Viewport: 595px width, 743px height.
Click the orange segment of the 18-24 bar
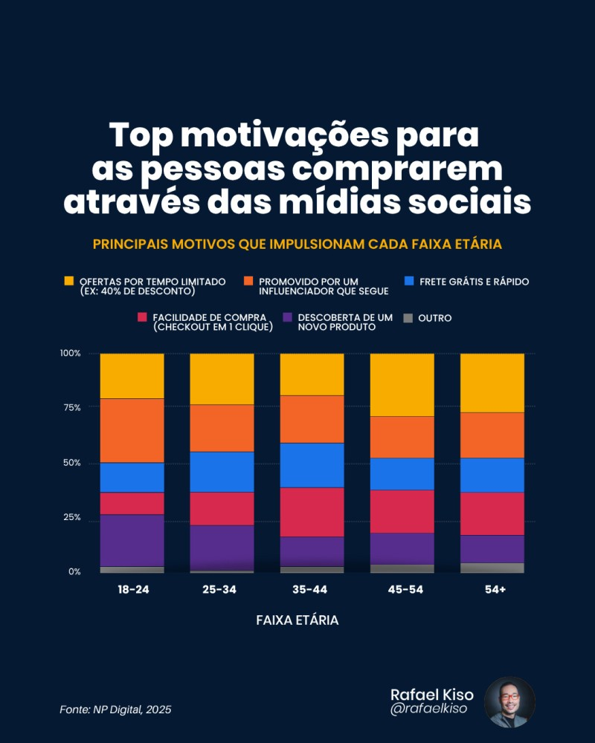pos(132,430)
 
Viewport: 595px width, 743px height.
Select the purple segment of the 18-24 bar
pos(132,540)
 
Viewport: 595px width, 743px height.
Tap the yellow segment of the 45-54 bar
pos(402,385)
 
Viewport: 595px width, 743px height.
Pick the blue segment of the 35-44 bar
pos(312,464)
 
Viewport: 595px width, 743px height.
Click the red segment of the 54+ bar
pos(492,513)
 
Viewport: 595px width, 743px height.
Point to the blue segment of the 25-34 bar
pos(222,472)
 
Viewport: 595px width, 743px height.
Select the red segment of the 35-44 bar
pos(312,512)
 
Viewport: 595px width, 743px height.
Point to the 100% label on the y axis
pos(70,353)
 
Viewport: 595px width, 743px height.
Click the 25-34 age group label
pos(222,589)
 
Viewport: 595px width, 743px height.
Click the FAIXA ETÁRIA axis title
pos(297,620)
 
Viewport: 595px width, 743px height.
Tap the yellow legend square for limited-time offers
pos(69,281)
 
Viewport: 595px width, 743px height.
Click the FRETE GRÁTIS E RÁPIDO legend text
pos(474,282)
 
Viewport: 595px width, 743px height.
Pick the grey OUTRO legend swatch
pos(408,318)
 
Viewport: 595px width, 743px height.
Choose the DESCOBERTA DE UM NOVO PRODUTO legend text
pos(344,322)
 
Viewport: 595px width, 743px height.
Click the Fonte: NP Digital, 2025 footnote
pos(115,710)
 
